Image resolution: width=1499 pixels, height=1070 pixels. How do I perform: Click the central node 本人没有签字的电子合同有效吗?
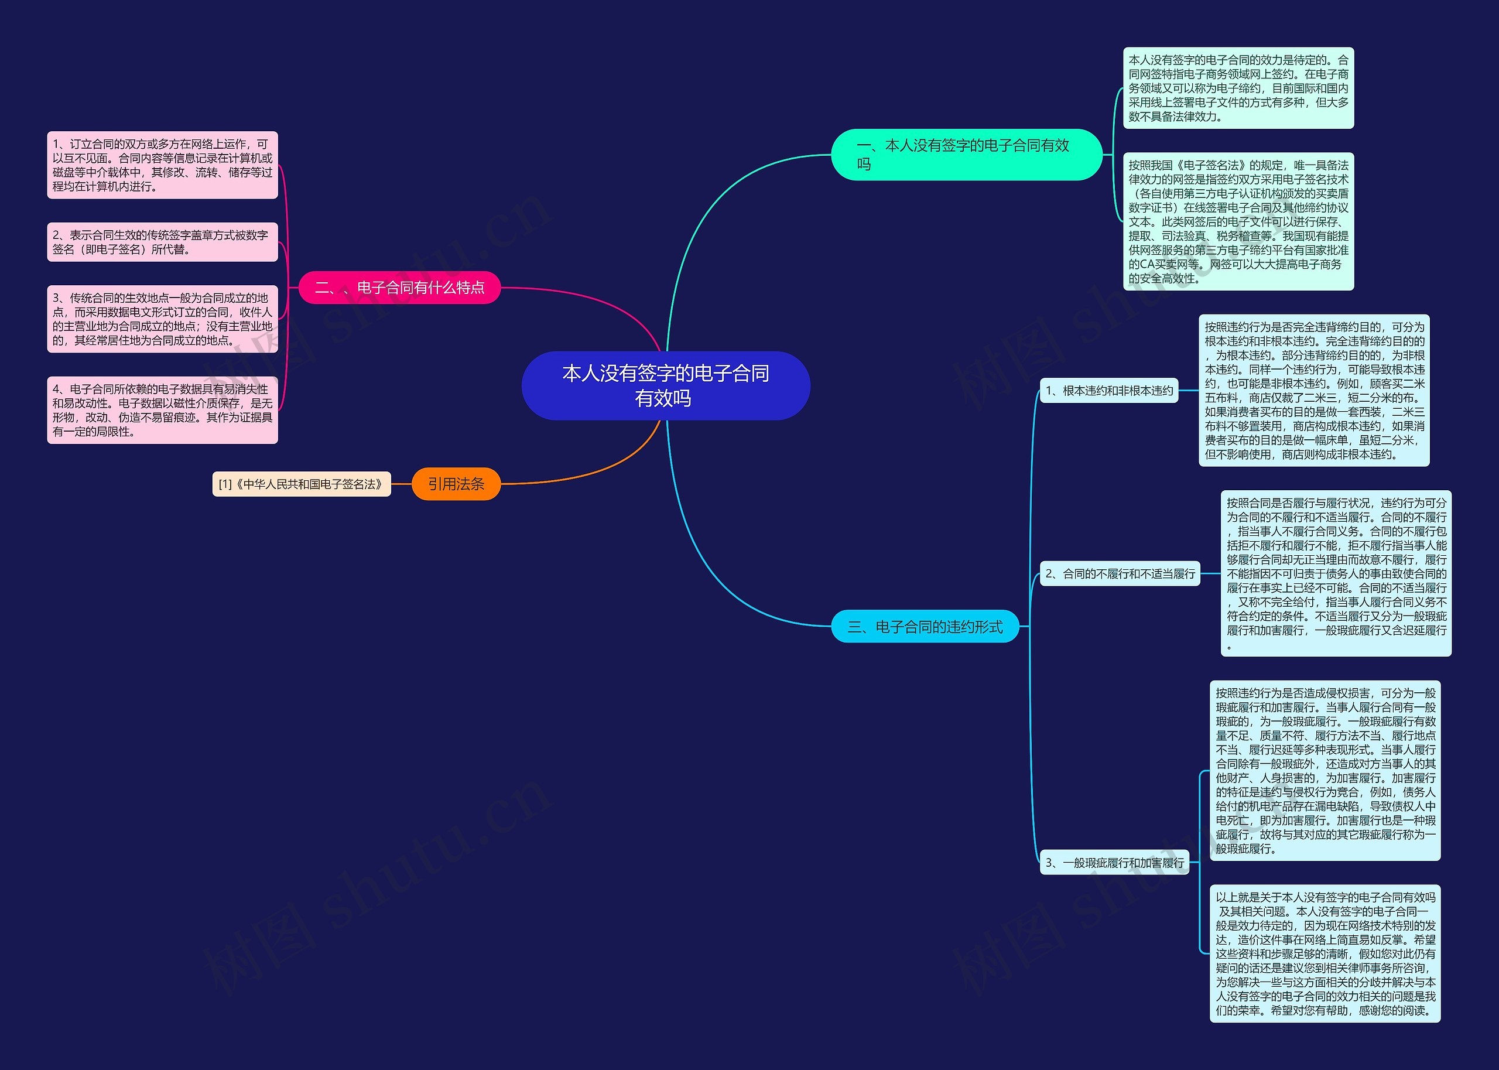pos(665,385)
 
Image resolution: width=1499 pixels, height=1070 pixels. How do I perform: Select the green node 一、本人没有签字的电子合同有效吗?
pos(966,155)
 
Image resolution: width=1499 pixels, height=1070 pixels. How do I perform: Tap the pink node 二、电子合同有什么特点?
pos(400,287)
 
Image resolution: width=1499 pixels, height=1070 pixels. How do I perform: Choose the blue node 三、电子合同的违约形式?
pos(925,627)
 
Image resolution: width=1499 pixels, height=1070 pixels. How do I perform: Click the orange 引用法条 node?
pos(456,484)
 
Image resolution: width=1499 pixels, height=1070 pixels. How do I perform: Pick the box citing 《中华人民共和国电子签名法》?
pos(301,484)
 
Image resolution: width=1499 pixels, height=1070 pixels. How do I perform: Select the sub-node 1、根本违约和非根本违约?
pos(1109,391)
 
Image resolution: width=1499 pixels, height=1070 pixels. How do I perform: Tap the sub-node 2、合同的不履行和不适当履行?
pos(1120,574)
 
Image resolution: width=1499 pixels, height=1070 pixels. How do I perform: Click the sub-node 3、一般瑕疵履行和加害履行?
pos(1114,863)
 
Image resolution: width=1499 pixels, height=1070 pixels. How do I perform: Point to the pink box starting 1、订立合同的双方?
pos(162,165)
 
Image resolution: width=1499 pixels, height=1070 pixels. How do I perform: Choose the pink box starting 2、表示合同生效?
pos(162,242)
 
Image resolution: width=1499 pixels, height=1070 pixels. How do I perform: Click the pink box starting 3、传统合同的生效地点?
pos(162,319)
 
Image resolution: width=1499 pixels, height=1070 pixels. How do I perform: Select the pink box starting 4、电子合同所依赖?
pos(162,410)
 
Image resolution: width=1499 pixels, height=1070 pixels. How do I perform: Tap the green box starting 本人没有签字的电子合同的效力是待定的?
pos(1238,88)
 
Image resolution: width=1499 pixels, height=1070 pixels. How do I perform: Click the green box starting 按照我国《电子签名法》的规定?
pos(1238,221)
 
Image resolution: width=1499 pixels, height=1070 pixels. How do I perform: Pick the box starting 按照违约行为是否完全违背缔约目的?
pos(1314,391)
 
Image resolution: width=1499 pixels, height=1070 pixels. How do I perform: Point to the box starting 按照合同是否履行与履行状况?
pos(1336,573)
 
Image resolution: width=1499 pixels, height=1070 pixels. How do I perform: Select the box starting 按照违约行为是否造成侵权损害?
pos(1325,770)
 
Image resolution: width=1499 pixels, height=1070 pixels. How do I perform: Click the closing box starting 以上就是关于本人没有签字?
pos(1325,953)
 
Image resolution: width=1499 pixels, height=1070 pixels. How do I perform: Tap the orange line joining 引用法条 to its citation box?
pos(401,484)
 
